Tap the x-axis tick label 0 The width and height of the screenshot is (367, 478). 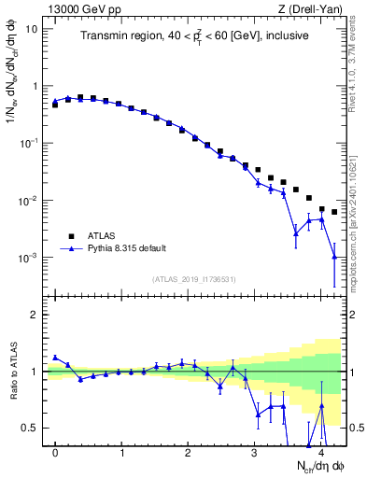click(55, 451)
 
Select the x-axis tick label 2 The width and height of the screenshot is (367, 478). click(188, 451)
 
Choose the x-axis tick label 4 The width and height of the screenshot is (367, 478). click(320, 451)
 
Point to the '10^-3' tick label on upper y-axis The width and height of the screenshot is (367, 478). click(28, 258)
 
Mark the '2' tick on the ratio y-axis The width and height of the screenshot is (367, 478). click(35, 315)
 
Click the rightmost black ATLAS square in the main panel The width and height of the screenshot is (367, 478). click(334, 212)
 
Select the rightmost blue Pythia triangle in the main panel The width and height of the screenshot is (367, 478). click(334, 256)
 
